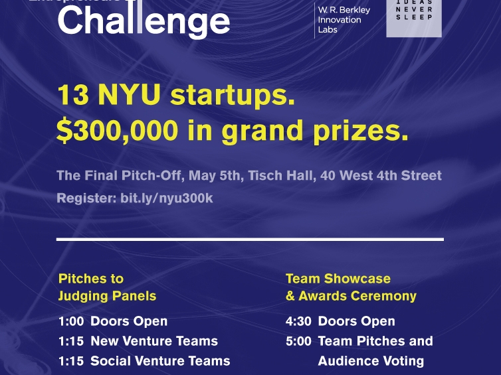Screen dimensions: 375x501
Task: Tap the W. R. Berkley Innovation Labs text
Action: coord(344,20)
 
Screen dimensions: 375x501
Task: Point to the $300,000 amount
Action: coord(117,131)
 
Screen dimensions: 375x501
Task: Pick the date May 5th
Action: coord(217,176)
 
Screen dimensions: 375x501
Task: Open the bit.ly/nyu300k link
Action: coord(167,198)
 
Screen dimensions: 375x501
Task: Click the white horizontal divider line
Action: coord(250,238)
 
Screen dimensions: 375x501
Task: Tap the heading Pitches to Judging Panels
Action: coord(107,287)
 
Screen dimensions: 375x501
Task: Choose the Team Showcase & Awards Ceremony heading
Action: coord(351,287)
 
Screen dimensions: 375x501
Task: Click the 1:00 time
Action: coord(71,321)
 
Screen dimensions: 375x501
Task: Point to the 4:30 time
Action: coord(298,321)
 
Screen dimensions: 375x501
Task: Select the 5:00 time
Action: coord(298,341)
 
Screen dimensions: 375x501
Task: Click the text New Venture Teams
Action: coord(154,341)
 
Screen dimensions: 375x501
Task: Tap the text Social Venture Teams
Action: coord(160,361)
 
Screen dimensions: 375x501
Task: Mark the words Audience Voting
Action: coord(371,361)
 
